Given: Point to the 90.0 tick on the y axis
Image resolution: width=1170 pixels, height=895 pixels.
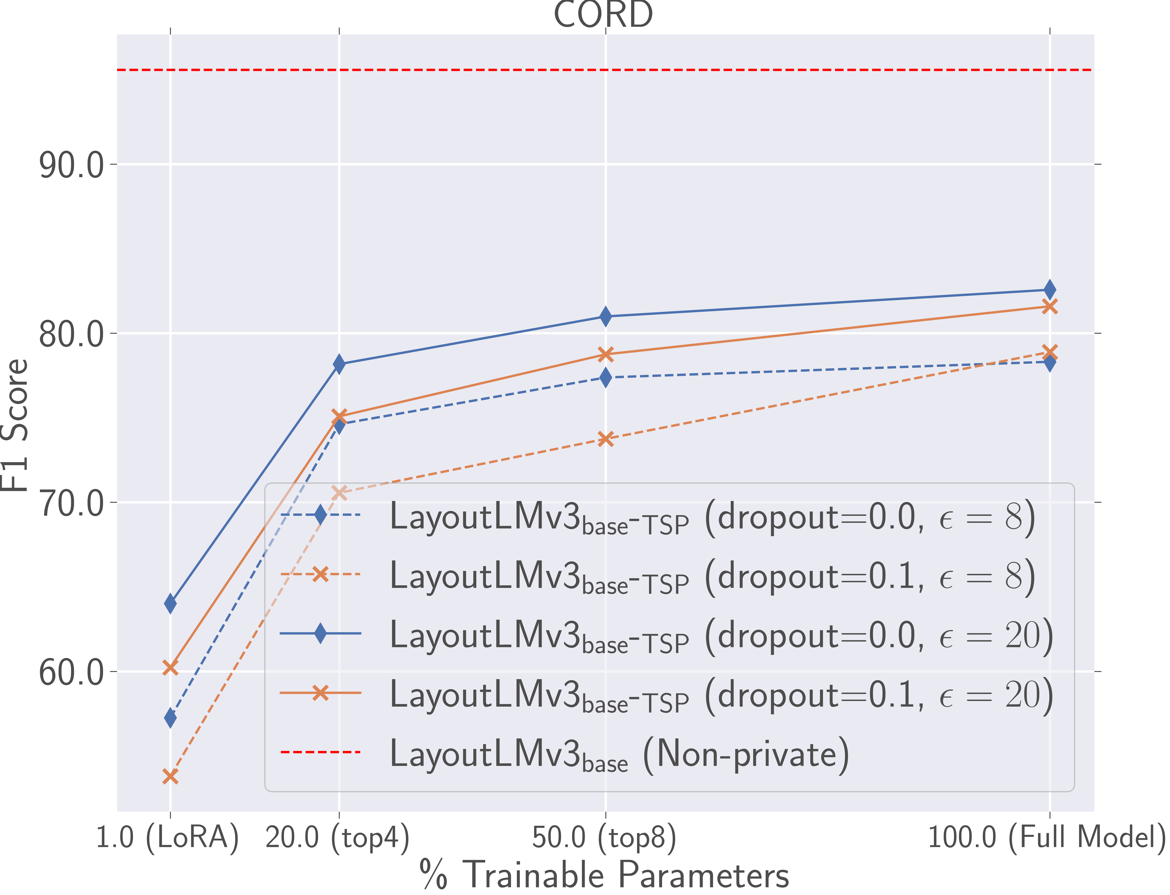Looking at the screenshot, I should tap(71, 166).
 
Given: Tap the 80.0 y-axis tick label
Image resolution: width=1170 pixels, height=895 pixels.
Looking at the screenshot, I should tap(71, 335).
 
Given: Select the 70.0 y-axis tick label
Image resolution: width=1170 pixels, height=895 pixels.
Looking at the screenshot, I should tap(71, 503).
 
